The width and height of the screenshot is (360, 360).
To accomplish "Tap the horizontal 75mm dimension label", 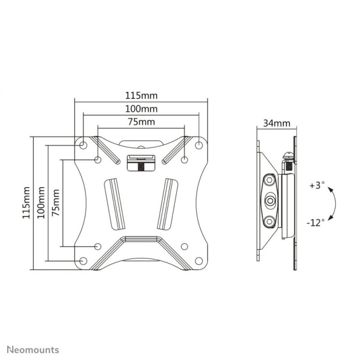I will pos(141,122).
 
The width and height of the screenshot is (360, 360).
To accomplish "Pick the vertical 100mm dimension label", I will pos(41,203).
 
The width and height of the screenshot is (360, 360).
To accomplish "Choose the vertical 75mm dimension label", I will pos(56,203).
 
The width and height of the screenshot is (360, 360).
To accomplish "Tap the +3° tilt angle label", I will pos(317,186).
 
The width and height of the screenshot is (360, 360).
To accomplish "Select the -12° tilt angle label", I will pos(316,222).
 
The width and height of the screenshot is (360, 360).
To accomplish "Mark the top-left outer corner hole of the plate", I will pos(83,145).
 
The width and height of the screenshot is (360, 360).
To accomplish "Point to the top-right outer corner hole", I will pos(199,145).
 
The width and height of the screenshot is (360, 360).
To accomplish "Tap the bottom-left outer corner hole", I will pos(83,261).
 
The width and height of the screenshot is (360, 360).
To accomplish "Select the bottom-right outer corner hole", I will pos(199,261).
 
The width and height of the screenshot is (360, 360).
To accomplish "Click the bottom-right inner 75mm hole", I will pos(184,247).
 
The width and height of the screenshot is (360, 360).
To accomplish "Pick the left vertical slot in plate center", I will pos(115,203).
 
